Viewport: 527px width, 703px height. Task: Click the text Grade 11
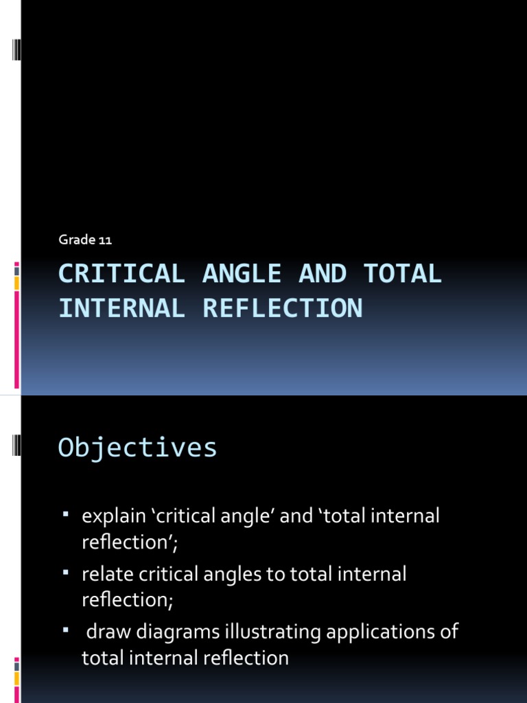[x=85, y=240]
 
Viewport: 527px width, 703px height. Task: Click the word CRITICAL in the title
[x=121, y=274]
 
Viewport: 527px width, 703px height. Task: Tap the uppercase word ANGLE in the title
[x=242, y=274]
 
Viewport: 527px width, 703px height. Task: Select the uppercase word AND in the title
[x=322, y=274]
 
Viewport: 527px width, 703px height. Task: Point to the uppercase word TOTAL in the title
[x=402, y=274]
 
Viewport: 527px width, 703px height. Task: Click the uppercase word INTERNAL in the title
[x=121, y=308]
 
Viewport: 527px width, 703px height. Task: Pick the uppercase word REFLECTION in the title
[x=282, y=308]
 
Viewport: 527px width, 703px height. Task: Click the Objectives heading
[x=138, y=448]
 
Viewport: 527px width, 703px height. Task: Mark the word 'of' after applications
[x=449, y=632]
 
